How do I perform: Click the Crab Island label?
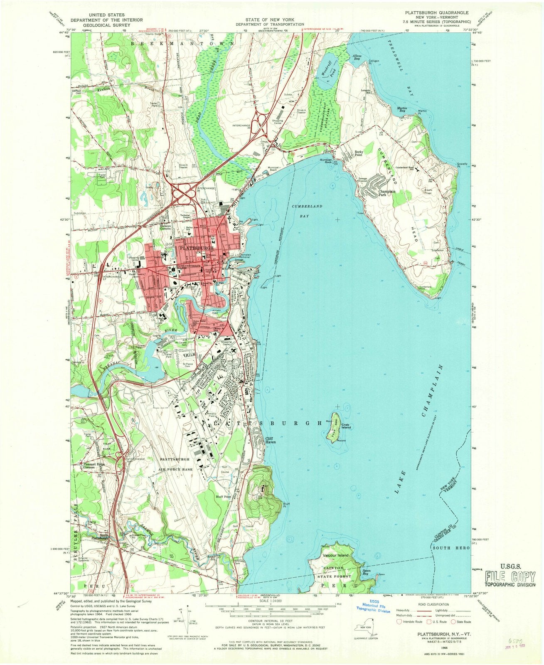coord(346,426)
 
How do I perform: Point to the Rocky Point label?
coord(359,154)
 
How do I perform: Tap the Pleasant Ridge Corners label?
coord(94,466)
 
